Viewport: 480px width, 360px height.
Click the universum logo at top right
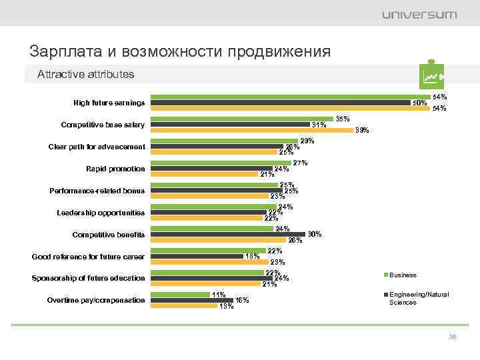[x=419, y=15]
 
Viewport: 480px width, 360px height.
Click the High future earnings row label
[x=109, y=103]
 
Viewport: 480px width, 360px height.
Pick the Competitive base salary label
[x=103, y=125]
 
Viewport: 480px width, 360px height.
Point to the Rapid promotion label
[x=115, y=169]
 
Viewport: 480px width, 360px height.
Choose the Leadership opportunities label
[x=101, y=213]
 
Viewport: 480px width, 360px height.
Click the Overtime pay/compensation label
[x=96, y=300]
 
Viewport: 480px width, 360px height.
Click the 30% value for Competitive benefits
[x=315, y=234]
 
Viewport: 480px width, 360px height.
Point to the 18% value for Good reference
[x=252, y=256]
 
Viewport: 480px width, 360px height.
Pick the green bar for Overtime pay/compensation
[x=180, y=294]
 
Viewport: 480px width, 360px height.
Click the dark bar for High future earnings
[x=280, y=103]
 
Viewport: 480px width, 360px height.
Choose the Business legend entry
[x=402, y=275]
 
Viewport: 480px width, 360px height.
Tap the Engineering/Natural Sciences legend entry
[x=419, y=298]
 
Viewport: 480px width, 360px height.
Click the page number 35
[x=453, y=337]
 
